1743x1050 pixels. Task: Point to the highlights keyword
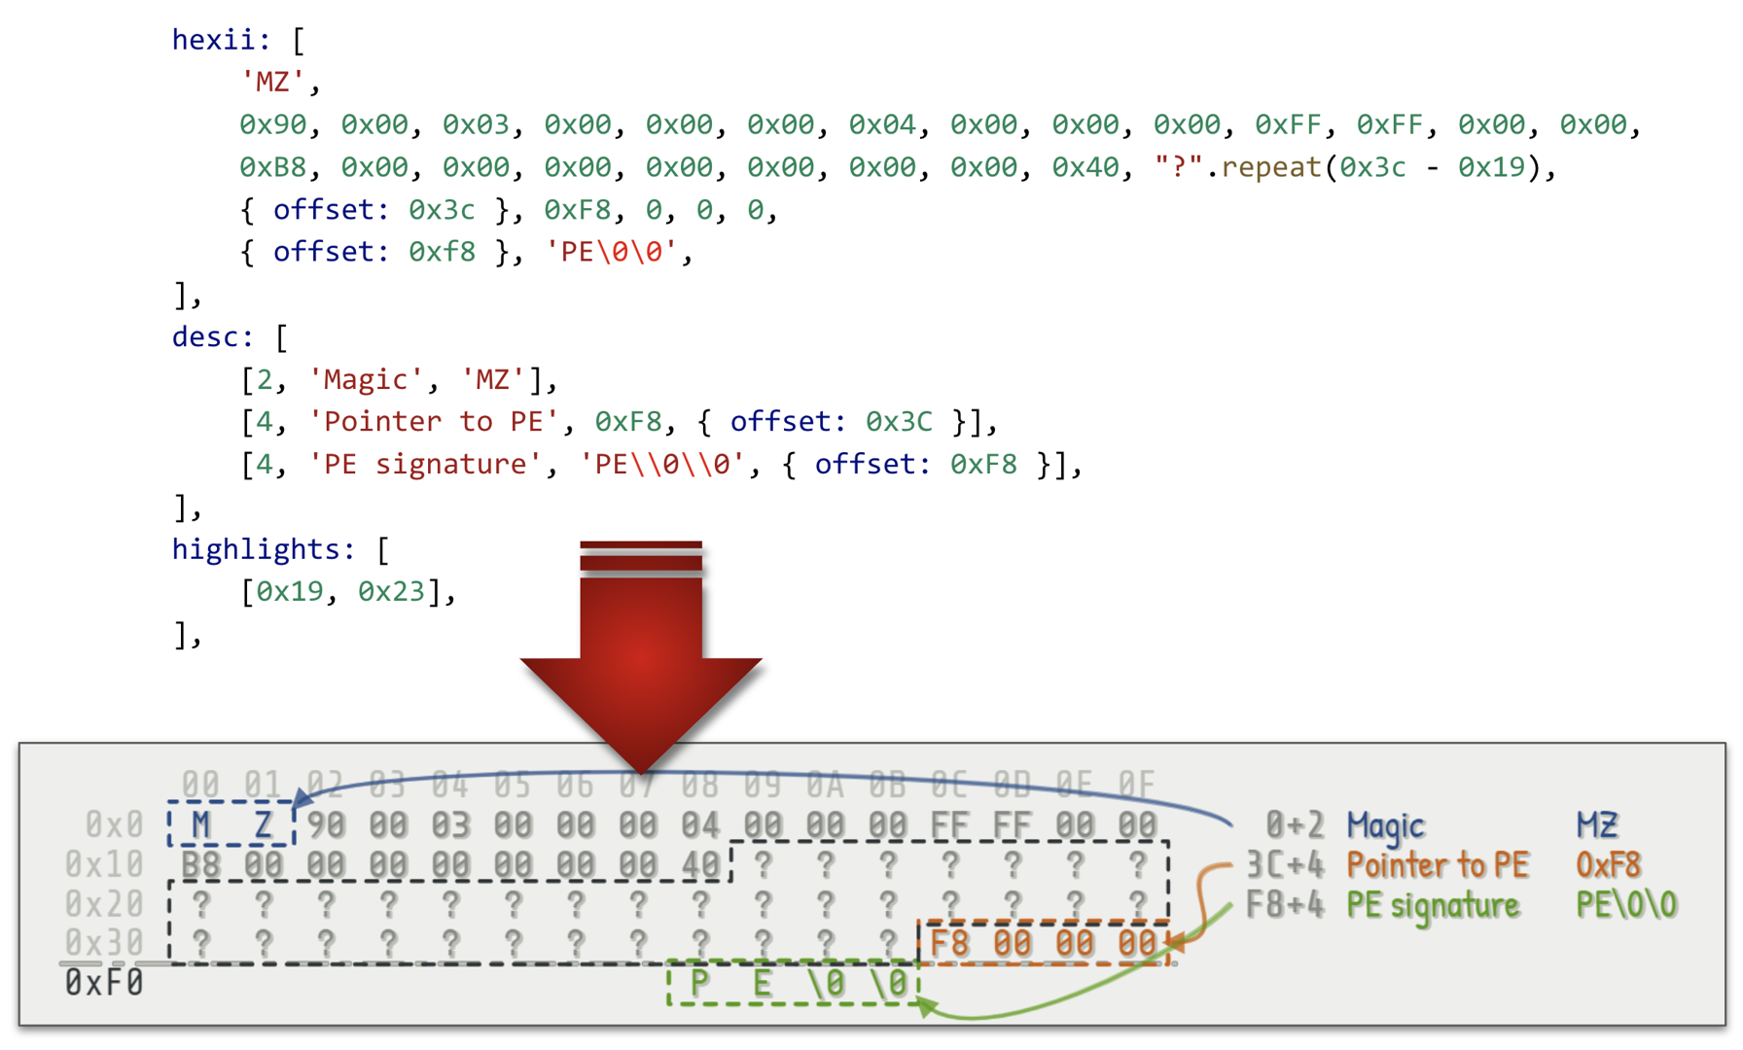click(263, 549)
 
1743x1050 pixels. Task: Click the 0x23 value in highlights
click(391, 591)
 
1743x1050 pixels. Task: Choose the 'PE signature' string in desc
click(424, 465)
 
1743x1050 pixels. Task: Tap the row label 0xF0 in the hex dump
click(104, 984)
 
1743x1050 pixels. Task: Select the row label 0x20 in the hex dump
click(104, 904)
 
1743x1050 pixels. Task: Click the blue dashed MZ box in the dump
click(231, 824)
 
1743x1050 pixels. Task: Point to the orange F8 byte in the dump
click(949, 942)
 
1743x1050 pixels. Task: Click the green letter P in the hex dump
click(699, 984)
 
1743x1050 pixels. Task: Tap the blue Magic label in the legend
click(1385, 825)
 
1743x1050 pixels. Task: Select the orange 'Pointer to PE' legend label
click(1438, 864)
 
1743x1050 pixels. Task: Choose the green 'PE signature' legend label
click(1433, 905)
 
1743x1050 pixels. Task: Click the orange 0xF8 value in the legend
click(1609, 864)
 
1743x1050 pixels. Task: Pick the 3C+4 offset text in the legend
click(1284, 864)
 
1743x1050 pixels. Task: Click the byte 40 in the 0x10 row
click(700, 864)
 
